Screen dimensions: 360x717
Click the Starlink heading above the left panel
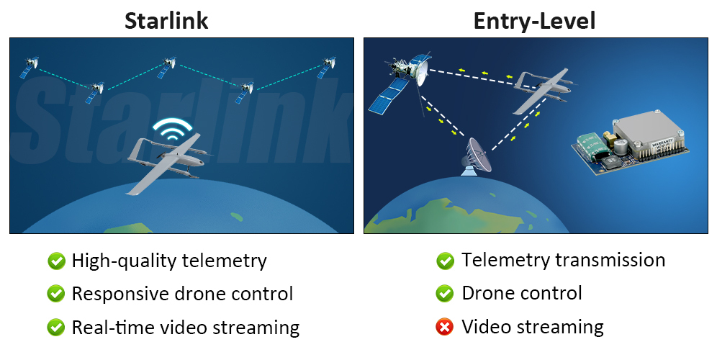point(166,20)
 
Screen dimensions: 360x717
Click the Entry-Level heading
point(534,20)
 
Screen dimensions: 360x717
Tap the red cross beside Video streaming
point(445,328)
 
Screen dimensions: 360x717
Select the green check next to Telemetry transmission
point(445,261)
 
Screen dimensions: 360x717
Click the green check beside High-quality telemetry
point(55,261)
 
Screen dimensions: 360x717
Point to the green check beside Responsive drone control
point(55,294)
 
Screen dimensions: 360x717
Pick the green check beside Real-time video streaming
point(55,328)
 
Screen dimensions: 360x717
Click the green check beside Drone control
point(445,294)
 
